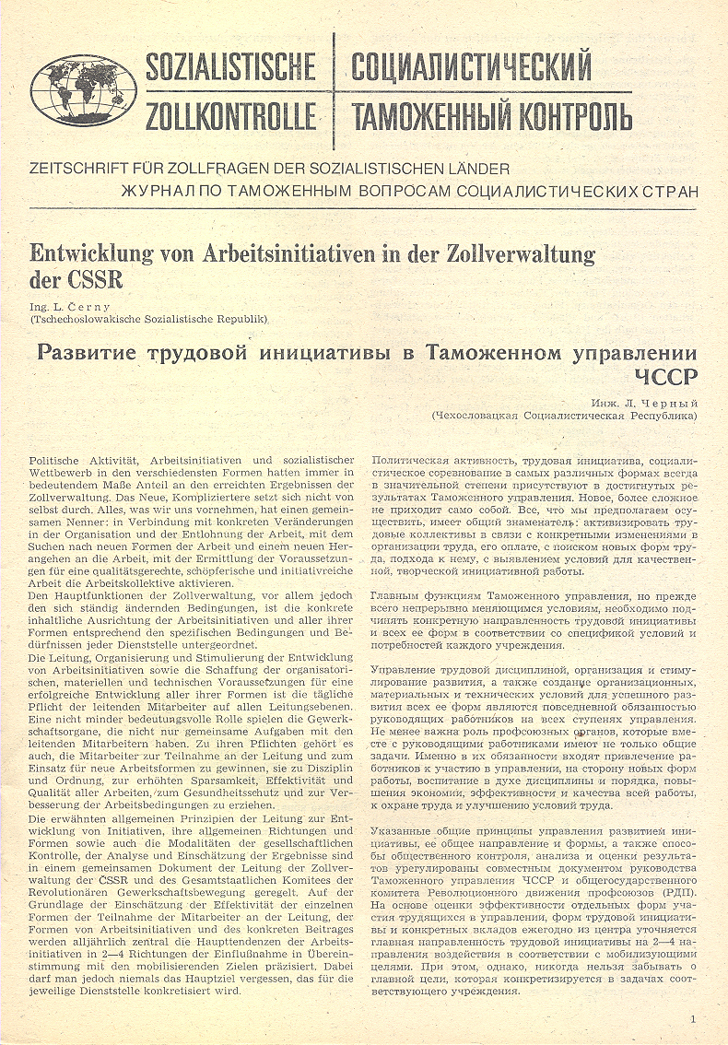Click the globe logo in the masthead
pyautogui.click(x=83, y=90)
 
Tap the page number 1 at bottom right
pyautogui.click(x=692, y=1018)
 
